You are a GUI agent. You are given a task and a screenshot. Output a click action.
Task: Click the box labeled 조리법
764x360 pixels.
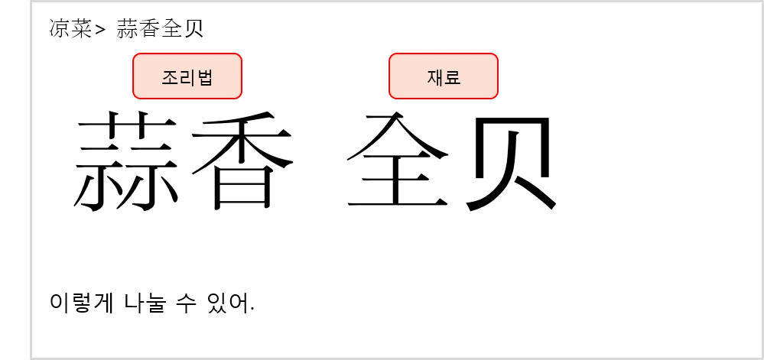[x=187, y=76]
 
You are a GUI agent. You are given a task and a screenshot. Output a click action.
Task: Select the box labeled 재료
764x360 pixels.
[x=444, y=76]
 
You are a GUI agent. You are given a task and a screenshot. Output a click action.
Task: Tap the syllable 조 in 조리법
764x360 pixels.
[x=170, y=77]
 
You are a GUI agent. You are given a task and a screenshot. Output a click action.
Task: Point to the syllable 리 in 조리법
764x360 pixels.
[x=187, y=77]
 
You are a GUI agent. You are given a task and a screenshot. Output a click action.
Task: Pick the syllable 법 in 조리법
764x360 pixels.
[x=205, y=77]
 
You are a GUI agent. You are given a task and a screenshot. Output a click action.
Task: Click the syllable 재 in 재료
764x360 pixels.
[x=435, y=77]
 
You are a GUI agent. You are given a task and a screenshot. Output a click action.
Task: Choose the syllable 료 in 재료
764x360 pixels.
[x=453, y=77]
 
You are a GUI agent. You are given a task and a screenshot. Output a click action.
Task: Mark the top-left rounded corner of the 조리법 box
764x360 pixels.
[x=135, y=56]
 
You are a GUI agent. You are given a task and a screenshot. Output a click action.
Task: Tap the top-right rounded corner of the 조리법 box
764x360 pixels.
[x=239, y=56]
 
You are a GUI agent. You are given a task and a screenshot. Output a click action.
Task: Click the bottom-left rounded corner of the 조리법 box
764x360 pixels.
[x=135, y=96]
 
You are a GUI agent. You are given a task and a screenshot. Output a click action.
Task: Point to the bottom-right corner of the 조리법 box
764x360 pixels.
[x=239, y=96]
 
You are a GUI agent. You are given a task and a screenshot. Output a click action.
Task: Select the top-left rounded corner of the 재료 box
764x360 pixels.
[x=392, y=56]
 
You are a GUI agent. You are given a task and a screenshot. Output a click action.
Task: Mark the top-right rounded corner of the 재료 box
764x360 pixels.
[x=496, y=56]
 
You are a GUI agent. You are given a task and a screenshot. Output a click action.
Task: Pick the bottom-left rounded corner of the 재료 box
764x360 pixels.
[x=392, y=96]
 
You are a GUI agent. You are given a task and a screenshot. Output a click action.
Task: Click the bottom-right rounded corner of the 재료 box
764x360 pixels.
[x=496, y=96]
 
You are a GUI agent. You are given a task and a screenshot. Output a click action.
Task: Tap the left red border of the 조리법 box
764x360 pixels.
[x=133, y=76]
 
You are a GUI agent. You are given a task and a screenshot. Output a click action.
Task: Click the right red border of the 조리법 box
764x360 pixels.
[x=242, y=76]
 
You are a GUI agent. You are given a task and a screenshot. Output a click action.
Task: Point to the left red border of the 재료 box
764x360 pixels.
[x=389, y=76]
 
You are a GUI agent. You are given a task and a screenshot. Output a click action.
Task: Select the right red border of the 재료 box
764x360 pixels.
[x=498, y=76]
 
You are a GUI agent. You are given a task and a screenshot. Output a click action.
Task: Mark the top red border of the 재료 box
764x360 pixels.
[x=444, y=54]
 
